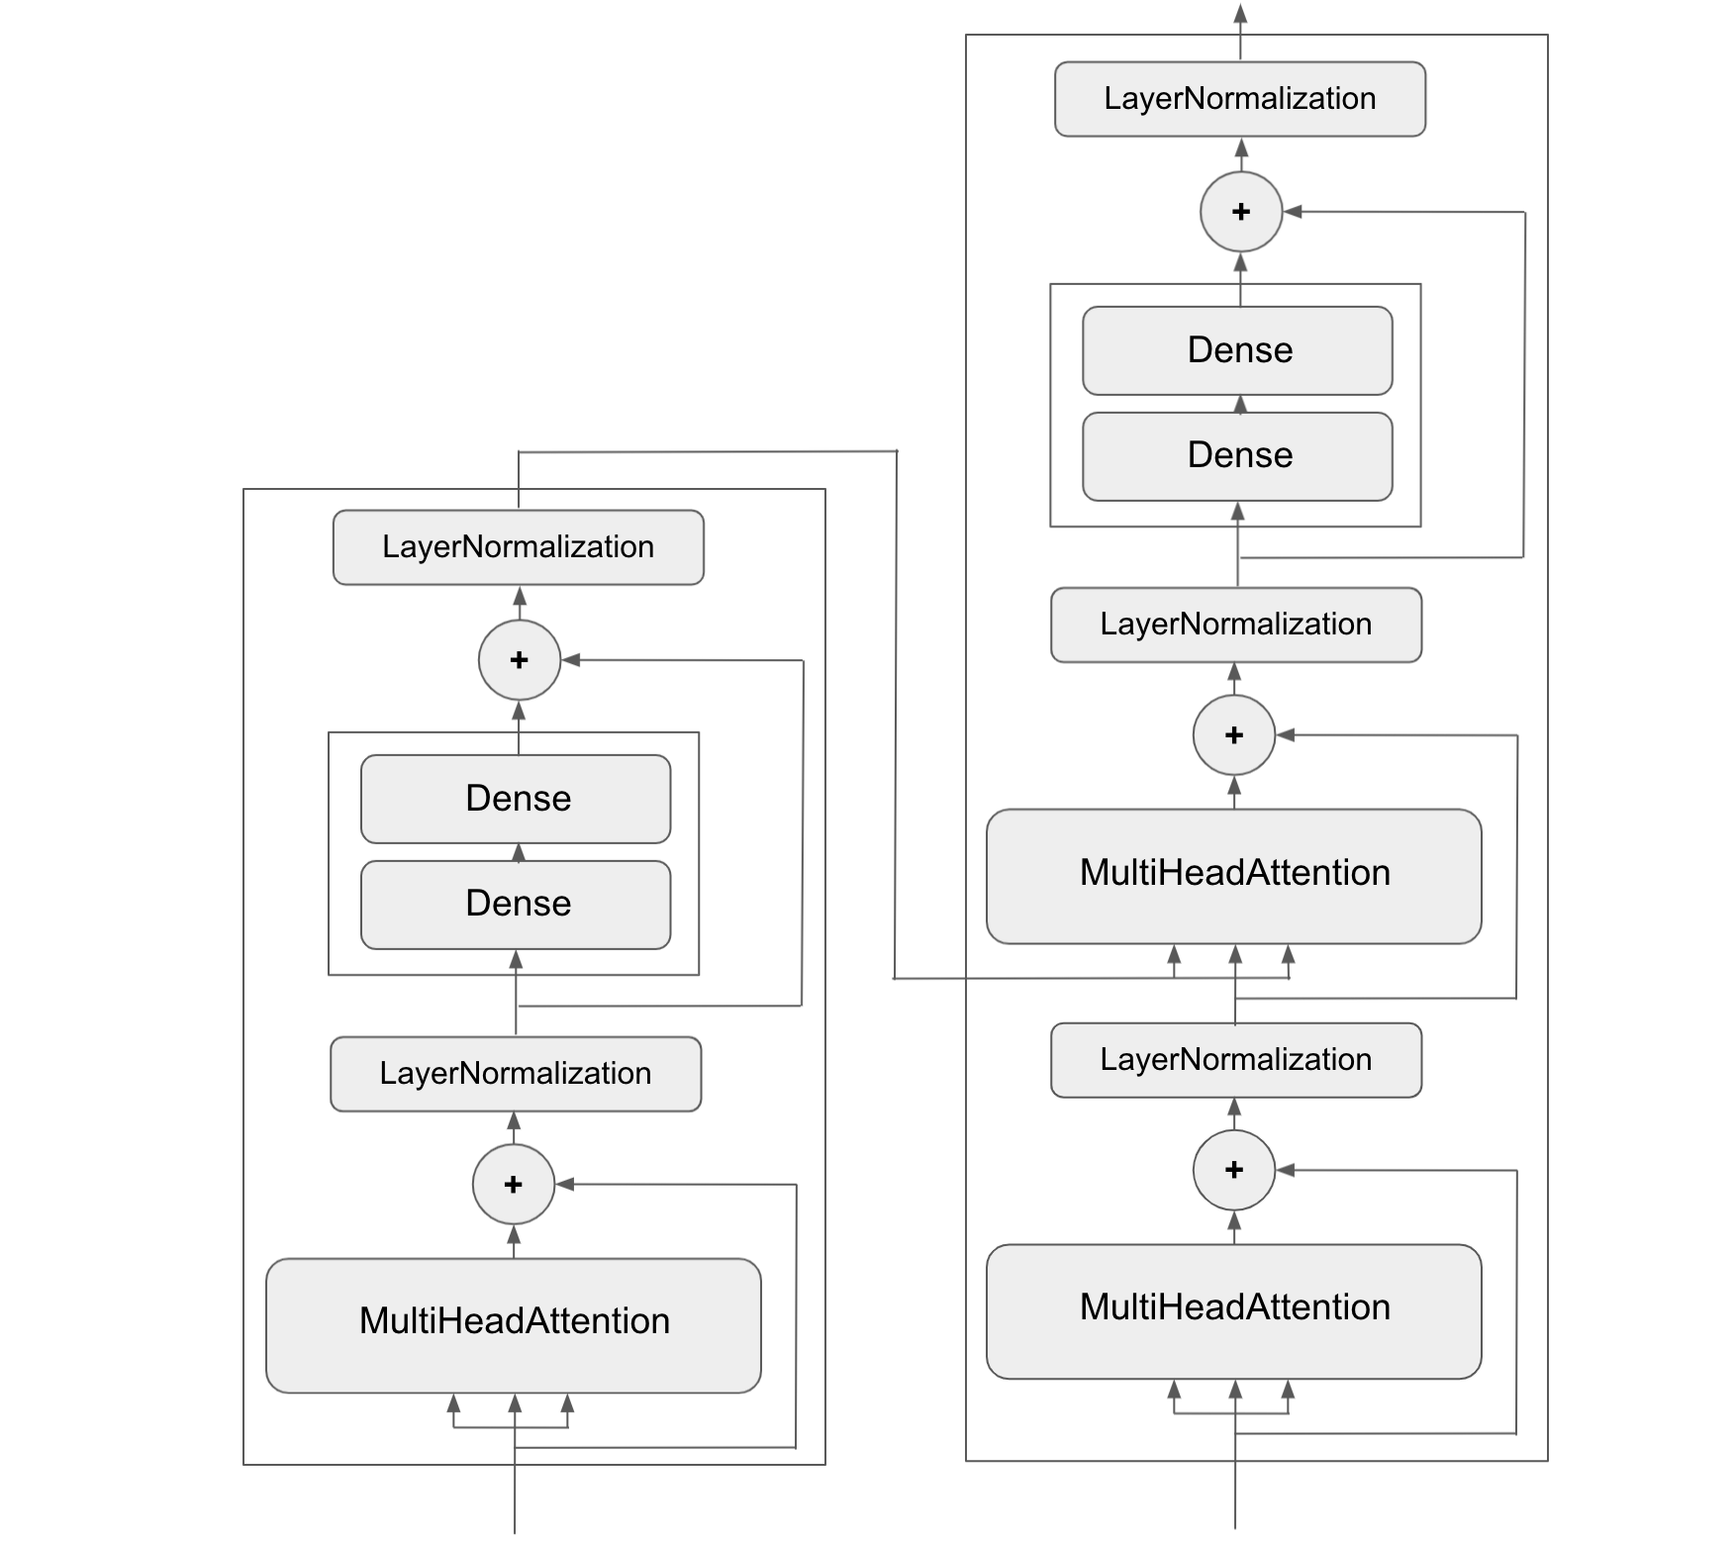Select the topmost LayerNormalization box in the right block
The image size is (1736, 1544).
[x=1239, y=99]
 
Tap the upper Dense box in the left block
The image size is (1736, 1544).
[x=516, y=799]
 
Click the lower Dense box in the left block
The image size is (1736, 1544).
[x=516, y=904]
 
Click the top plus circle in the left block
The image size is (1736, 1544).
[x=519, y=660]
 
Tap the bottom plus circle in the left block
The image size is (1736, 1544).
[x=513, y=1184]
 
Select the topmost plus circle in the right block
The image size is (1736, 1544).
[x=1240, y=212]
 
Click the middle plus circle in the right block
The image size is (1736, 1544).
[x=1233, y=735]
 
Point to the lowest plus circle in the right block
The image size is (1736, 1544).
[x=1233, y=1170]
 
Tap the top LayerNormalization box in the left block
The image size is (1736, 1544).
[x=518, y=547]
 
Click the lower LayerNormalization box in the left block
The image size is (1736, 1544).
[x=515, y=1074]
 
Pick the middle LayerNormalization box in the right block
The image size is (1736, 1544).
[x=1235, y=625]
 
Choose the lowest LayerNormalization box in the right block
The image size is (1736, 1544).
[x=1235, y=1060]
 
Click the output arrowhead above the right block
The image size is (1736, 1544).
[x=1240, y=13]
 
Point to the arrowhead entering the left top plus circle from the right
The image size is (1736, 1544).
[x=571, y=660]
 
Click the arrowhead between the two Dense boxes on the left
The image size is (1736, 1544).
[x=518, y=852]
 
